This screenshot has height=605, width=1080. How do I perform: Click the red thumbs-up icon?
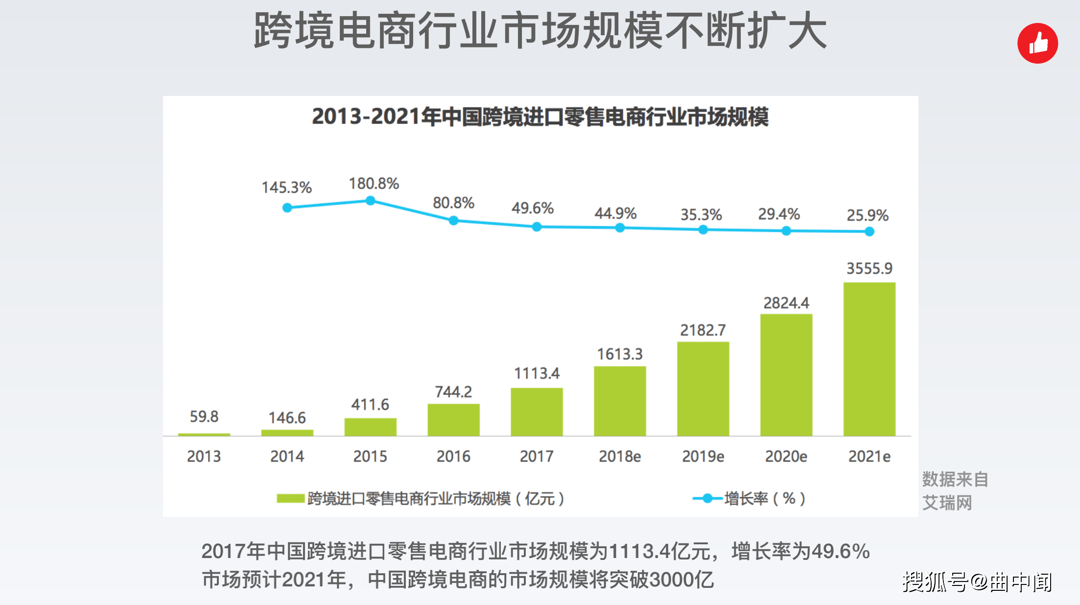click(x=1037, y=44)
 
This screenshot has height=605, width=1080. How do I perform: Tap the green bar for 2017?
click(x=537, y=412)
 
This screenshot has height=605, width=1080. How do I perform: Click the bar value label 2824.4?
click(x=786, y=303)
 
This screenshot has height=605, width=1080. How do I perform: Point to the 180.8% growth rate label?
click(x=374, y=184)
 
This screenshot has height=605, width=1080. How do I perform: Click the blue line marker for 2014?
click(x=287, y=208)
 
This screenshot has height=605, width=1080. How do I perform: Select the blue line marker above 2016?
click(x=453, y=221)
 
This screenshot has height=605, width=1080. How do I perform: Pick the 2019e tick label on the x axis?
click(x=703, y=456)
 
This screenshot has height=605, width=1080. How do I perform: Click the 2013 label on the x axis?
click(x=204, y=456)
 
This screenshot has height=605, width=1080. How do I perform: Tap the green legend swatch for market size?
click(x=290, y=498)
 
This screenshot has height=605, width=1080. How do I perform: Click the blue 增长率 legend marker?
click(x=707, y=498)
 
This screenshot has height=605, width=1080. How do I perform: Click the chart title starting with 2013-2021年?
click(x=540, y=117)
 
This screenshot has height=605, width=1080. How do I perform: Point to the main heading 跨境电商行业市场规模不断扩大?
click(x=540, y=31)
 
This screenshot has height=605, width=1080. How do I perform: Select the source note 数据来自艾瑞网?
click(x=954, y=491)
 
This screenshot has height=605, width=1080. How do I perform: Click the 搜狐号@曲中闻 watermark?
click(x=977, y=582)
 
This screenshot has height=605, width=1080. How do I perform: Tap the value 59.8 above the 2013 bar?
click(x=204, y=417)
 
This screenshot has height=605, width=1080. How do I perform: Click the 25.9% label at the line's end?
click(x=867, y=215)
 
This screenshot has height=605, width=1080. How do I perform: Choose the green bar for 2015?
click(x=370, y=427)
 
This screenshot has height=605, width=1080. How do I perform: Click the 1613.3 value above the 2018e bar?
click(x=619, y=354)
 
